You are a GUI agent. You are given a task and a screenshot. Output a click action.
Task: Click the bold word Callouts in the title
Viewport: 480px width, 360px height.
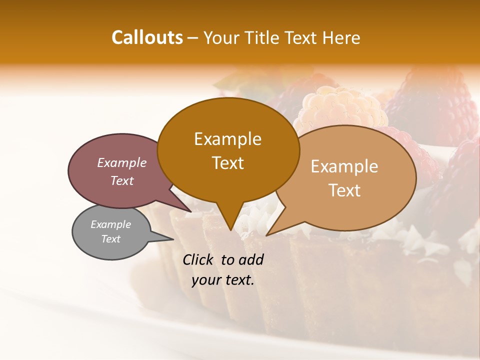pyautogui.click(x=147, y=37)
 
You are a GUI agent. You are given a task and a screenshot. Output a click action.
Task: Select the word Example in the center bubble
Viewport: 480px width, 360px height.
pyautogui.click(x=227, y=139)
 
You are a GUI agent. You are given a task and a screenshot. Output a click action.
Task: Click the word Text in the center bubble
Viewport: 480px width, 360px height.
pyautogui.click(x=227, y=163)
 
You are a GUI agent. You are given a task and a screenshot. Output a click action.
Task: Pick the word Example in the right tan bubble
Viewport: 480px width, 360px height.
pyautogui.click(x=344, y=166)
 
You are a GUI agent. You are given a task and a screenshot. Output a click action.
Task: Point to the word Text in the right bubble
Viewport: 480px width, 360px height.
pyautogui.click(x=344, y=190)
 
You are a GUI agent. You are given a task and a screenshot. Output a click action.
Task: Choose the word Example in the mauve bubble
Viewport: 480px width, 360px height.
pyautogui.click(x=121, y=162)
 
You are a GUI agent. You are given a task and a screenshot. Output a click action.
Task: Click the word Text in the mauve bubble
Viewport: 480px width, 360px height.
pyautogui.click(x=121, y=180)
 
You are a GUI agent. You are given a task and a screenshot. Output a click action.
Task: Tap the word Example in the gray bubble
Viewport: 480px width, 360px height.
pyautogui.click(x=110, y=224)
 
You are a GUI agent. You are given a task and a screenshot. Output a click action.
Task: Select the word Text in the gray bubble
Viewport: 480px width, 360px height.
pyautogui.click(x=110, y=239)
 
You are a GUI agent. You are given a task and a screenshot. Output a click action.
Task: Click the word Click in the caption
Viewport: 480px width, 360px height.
pyautogui.click(x=198, y=259)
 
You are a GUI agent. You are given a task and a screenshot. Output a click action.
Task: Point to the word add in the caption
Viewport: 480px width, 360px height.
pyautogui.click(x=250, y=259)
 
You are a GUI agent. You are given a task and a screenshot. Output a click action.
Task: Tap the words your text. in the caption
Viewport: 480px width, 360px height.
pyautogui.click(x=223, y=280)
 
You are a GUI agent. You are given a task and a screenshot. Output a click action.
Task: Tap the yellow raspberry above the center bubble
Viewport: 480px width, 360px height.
pyautogui.click(x=340, y=107)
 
